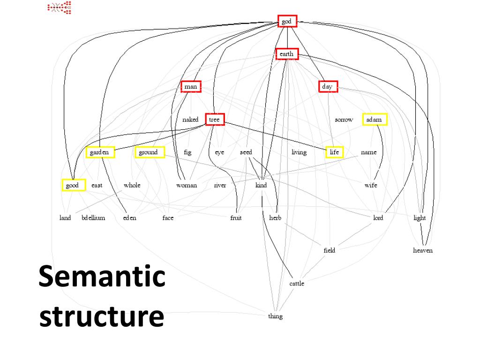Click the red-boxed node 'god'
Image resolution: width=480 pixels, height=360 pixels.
click(287, 21)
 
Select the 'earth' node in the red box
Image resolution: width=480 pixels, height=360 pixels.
click(286, 54)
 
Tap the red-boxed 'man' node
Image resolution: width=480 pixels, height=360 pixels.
click(191, 87)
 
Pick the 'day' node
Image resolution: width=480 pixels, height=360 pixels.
click(327, 87)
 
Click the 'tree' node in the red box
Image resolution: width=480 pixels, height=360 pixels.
click(214, 120)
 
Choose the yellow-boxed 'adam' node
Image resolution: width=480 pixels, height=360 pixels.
click(374, 120)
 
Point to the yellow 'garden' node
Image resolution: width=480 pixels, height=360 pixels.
click(99, 152)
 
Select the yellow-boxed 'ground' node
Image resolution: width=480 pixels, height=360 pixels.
click(149, 152)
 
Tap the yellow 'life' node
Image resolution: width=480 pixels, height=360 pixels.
click(334, 152)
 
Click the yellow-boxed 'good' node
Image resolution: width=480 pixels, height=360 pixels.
click(73, 185)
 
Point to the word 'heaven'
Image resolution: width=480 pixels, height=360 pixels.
click(423, 250)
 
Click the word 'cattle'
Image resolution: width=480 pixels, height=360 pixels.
click(297, 284)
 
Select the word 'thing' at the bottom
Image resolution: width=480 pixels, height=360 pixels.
click(275, 316)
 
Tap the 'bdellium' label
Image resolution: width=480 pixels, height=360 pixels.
click(93, 218)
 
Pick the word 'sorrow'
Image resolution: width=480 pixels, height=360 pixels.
click(344, 120)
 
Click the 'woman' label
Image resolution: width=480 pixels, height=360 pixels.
click(187, 185)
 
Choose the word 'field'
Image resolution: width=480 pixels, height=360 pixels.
click(330, 250)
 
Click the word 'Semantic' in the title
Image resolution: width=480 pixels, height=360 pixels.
click(102, 277)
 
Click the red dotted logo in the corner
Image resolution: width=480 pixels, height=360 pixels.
click(60, 7)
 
